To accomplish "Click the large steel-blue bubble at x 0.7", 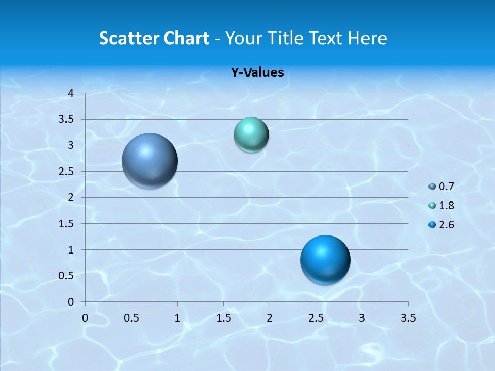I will (x=150, y=161).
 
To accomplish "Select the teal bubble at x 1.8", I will (x=251, y=135).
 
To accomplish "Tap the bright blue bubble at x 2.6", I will (x=325, y=260).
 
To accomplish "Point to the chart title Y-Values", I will (x=257, y=73).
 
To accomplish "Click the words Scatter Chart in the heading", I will (x=154, y=38).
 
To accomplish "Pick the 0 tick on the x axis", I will (x=86, y=318).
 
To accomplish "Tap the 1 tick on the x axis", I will (x=177, y=318).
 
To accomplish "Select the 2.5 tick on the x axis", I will (x=316, y=318).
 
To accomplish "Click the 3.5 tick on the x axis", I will (x=408, y=318).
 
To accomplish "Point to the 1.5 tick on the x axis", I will (x=223, y=318).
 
